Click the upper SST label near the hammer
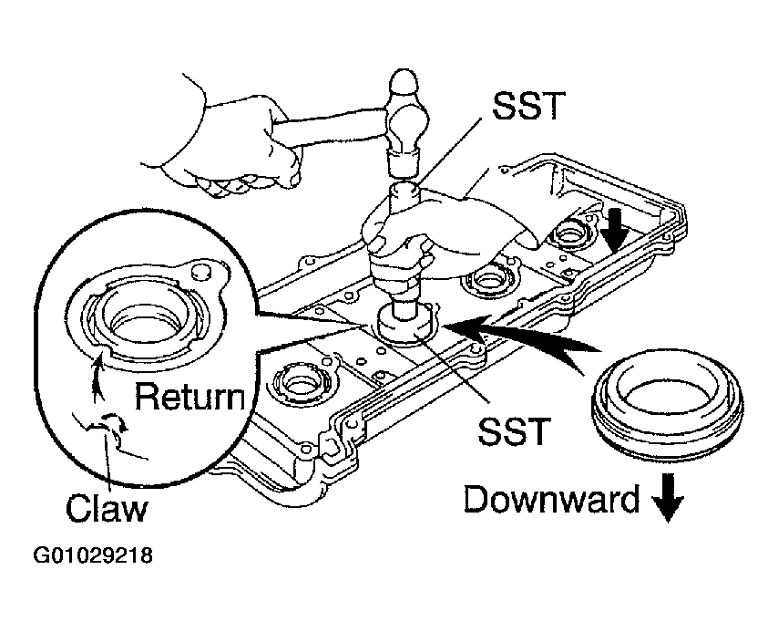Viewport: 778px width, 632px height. pyautogui.click(x=529, y=106)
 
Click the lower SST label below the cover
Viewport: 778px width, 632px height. pyautogui.click(x=515, y=430)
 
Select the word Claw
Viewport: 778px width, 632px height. pyautogui.click(x=107, y=507)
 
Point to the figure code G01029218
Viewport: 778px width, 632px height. pyautogui.click(x=93, y=555)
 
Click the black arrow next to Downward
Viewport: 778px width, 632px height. pyautogui.click(x=668, y=498)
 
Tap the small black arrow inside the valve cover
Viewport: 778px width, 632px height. pyautogui.click(x=616, y=229)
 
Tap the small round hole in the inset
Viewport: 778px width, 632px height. pyautogui.click(x=200, y=271)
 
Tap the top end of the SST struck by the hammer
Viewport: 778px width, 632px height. pyautogui.click(x=404, y=190)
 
